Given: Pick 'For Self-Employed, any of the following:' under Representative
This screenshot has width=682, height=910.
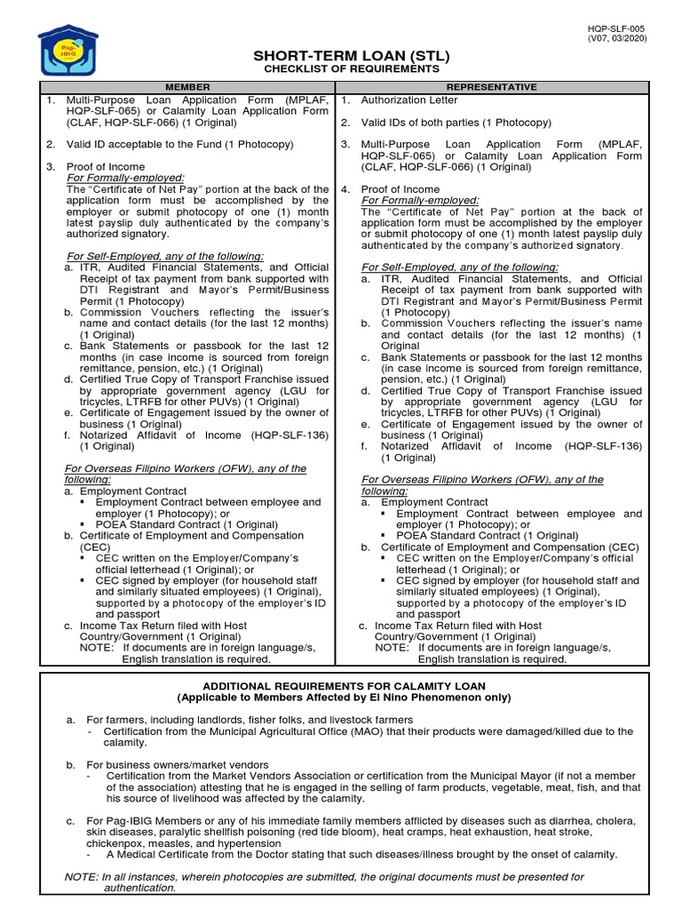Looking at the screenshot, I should [460, 267].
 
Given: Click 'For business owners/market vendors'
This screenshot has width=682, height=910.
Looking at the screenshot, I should [177, 764].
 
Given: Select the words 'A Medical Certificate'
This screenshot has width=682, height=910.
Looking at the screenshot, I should [156, 854].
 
